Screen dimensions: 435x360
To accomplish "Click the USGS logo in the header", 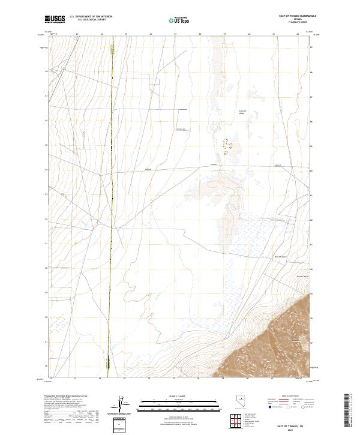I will tap(55, 20).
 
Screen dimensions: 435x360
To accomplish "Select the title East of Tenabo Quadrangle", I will tap(294, 17).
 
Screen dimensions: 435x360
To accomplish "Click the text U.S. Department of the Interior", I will tap(91, 17).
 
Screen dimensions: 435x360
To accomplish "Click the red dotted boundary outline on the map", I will tap(227, 145).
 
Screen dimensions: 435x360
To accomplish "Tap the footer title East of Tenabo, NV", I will tap(295, 424).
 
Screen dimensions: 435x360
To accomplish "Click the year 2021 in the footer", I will tap(295, 428).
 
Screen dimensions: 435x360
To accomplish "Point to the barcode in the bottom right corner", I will tap(349, 412).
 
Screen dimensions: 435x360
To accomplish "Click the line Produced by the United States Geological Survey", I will tap(65, 397).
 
